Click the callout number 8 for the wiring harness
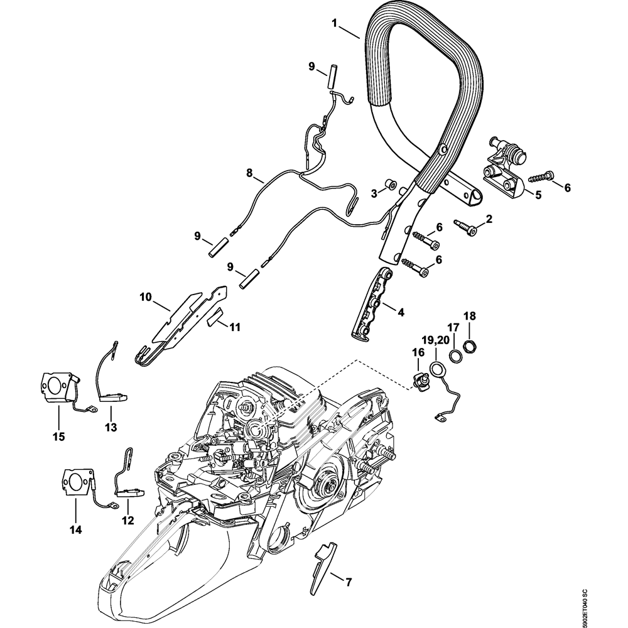(x=249, y=171)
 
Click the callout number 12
(x=127, y=520)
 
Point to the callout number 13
(x=111, y=428)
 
